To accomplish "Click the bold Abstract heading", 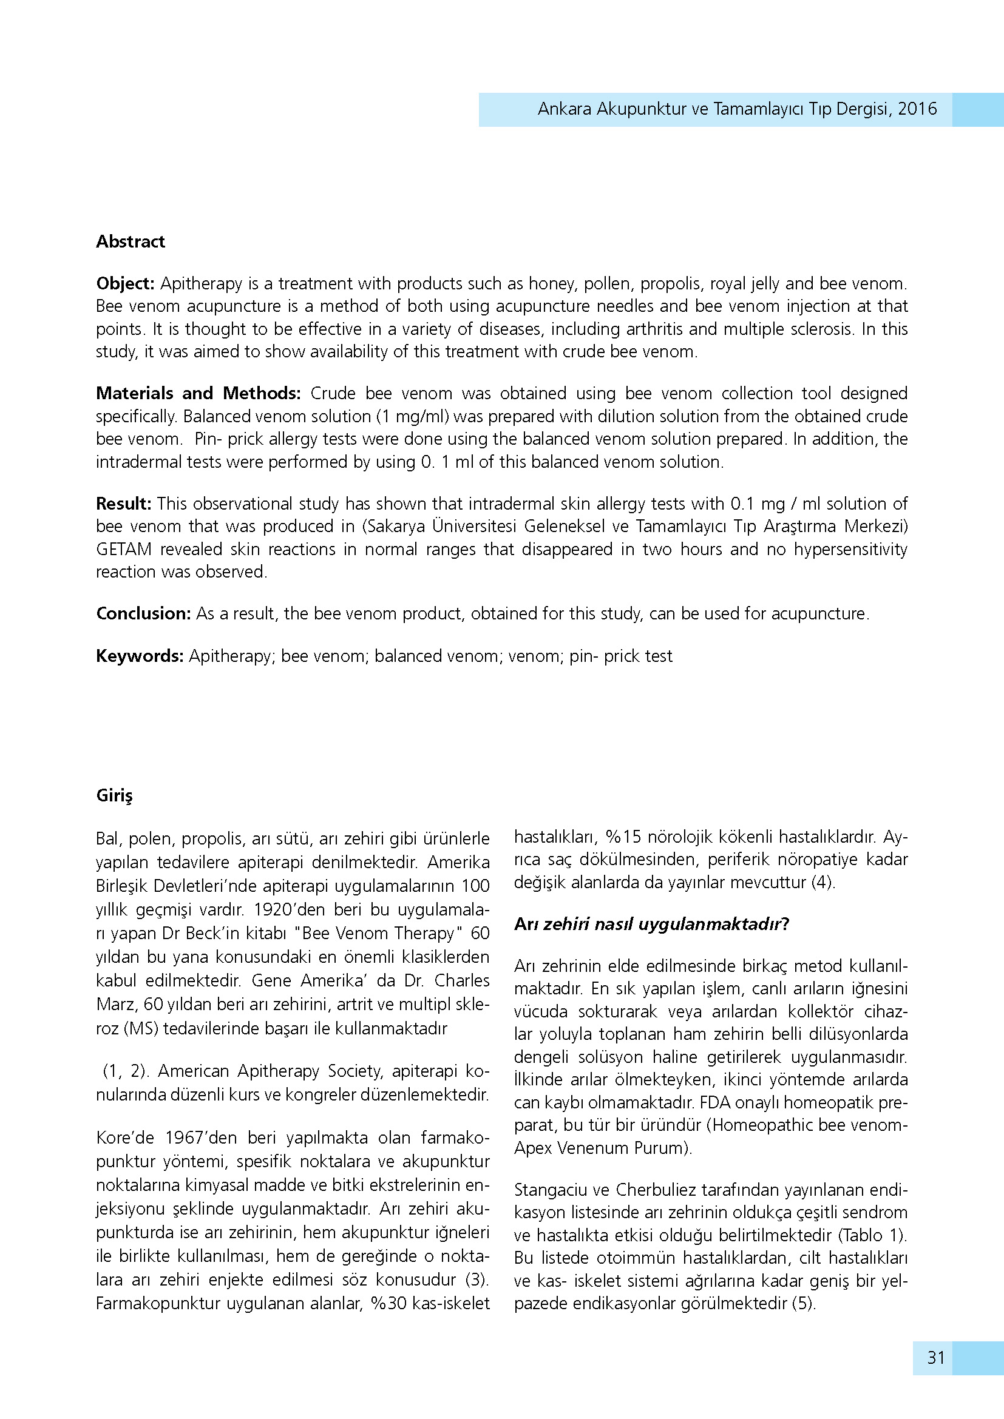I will (131, 241).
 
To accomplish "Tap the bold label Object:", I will (125, 284).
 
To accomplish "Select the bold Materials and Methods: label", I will (198, 394).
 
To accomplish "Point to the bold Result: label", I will (124, 504).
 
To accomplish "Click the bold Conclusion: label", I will (143, 614).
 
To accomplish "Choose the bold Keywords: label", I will (140, 656).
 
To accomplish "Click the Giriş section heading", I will (114, 795).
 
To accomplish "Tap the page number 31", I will (936, 1358).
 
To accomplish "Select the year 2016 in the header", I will (917, 109).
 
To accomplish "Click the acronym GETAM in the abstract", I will (124, 550).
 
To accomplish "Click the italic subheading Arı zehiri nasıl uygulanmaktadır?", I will (651, 925).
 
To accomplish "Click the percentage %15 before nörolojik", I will (624, 837).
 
